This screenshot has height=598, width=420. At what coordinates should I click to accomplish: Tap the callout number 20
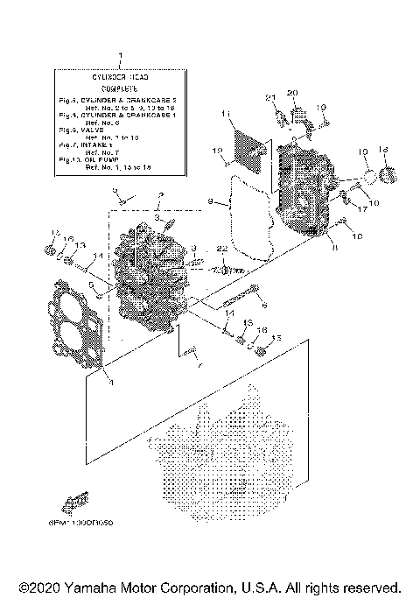[x=293, y=93]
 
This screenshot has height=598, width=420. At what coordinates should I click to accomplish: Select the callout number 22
[x=222, y=249]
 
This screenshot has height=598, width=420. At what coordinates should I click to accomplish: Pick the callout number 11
[x=226, y=114]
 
